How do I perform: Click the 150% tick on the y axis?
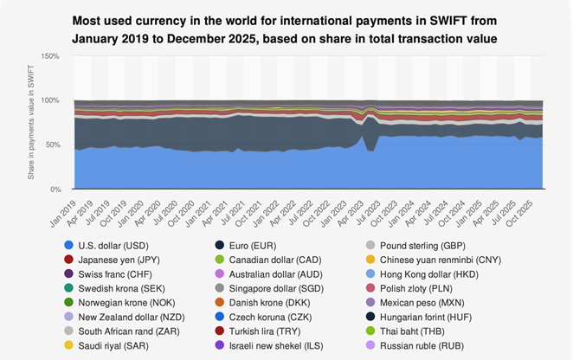(50, 56)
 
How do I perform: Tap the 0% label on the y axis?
(55, 190)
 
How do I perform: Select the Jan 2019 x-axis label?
(63, 214)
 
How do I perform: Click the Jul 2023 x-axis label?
(368, 214)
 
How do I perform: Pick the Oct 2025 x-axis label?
(519, 214)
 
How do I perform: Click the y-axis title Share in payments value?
(30, 122)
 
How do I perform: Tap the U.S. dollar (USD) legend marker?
(68, 246)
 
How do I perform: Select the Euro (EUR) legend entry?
(246, 246)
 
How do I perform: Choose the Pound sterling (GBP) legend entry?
(415, 246)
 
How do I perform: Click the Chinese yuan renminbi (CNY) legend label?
(441, 260)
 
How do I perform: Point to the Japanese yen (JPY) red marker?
(68, 260)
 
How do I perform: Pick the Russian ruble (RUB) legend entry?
(415, 346)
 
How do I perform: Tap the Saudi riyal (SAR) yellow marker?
(68, 346)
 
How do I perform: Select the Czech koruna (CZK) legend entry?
(263, 318)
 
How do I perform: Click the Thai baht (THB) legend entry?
(405, 331)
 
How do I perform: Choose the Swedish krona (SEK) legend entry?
(115, 289)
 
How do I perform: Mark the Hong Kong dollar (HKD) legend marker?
(370, 274)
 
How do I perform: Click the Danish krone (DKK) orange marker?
(220, 303)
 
